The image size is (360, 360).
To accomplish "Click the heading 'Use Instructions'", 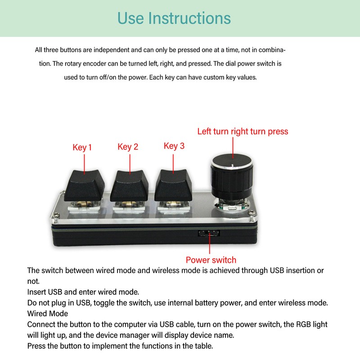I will [174, 18].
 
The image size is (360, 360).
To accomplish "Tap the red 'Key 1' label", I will [82, 147].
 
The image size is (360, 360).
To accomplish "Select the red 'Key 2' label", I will [128, 147].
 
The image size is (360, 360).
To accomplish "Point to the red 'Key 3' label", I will [174, 146].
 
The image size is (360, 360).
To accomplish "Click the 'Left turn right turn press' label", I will [243, 131].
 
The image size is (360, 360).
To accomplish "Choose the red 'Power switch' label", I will [211, 260].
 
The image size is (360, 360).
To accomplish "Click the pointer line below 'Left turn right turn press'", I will [233, 146].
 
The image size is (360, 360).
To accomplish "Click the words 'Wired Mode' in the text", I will [48, 313].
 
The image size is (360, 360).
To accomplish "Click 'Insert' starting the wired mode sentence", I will [36, 292].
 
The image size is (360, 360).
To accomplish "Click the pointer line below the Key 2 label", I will [130, 163].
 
